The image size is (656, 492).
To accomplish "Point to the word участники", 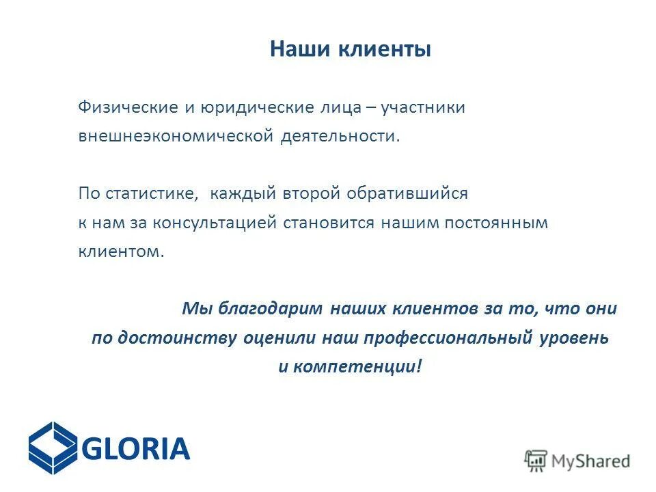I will (423, 108).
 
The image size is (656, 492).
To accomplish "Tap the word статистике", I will (152, 194).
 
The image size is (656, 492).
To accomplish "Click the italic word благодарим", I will (270, 309).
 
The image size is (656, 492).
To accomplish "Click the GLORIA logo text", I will (135, 449).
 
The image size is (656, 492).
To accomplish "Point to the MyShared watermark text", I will (591, 461).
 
